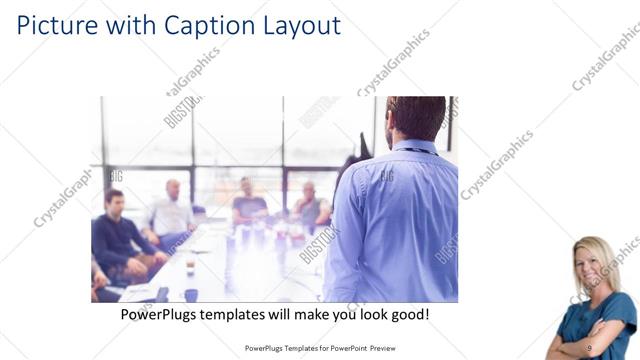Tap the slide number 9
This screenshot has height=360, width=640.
pyautogui.click(x=589, y=347)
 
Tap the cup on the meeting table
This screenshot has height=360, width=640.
pyautogui.click(x=190, y=294)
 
